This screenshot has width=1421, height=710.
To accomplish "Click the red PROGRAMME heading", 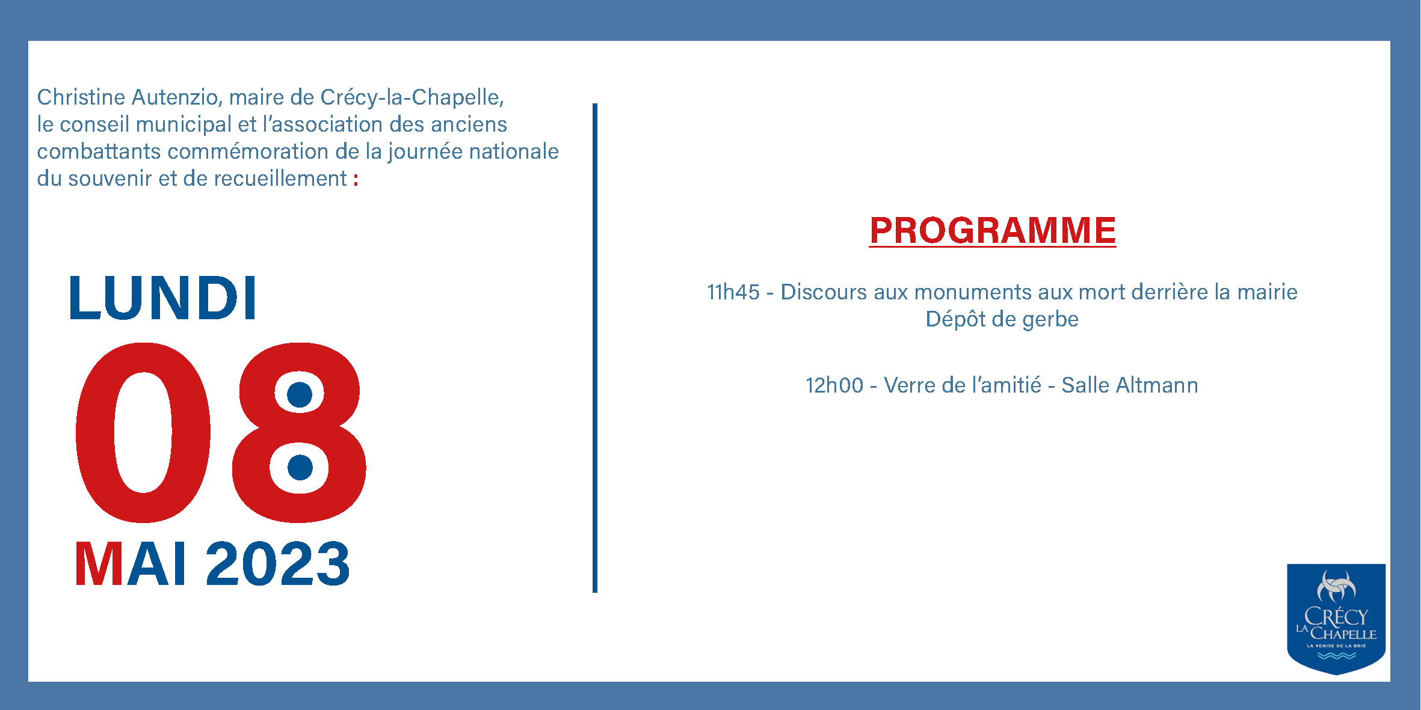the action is tap(993, 231).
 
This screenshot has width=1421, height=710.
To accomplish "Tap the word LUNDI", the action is tap(164, 298).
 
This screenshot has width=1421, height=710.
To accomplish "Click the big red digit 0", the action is tap(143, 432).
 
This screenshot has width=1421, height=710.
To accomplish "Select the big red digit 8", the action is tap(299, 432).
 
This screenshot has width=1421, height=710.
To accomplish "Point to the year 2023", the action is tap(278, 563).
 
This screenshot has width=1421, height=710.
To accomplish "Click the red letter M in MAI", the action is tap(99, 563).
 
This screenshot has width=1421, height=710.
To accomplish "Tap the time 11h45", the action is tap(733, 292).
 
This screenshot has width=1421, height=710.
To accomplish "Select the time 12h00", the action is tap(834, 385).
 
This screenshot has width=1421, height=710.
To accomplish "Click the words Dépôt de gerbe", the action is tap(1002, 319).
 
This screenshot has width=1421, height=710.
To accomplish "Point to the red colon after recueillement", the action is tap(356, 179).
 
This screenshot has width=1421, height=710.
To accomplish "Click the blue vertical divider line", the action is tap(595, 348).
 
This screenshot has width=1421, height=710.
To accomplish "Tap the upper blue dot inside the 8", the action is tap(300, 394).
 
